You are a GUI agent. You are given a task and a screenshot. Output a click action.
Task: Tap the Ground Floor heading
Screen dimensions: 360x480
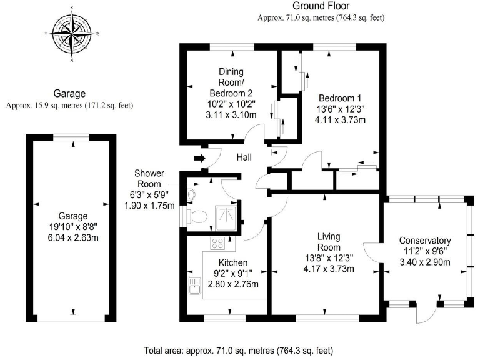(x=321, y=6)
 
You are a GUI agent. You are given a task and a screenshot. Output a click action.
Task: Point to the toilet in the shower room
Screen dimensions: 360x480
(x=199, y=216)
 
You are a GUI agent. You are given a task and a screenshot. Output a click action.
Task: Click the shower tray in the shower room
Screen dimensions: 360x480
(x=226, y=214)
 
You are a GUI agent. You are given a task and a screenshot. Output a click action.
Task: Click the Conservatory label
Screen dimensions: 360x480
(x=425, y=241)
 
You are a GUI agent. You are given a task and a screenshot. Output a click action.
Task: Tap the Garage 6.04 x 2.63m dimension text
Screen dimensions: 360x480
(x=70, y=238)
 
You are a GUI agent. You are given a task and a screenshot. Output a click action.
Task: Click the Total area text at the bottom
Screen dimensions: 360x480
(x=239, y=349)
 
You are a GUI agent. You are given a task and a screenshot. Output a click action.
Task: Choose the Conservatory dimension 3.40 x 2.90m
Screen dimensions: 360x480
(x=425, y=262)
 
